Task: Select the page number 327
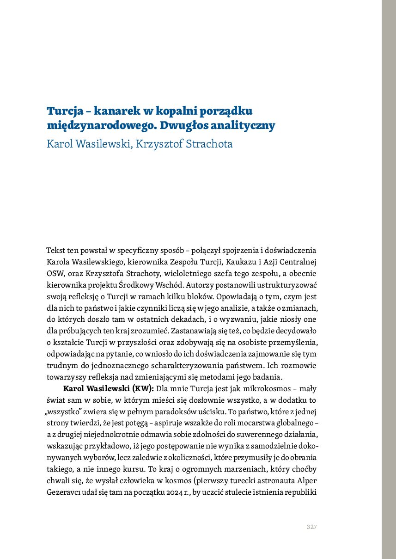click(x=311, y=527)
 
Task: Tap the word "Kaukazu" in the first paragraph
click(x=235, y=262)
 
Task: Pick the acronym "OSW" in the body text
click(x=55, y=273)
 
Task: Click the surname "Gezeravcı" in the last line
click(x=65, y=491)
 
